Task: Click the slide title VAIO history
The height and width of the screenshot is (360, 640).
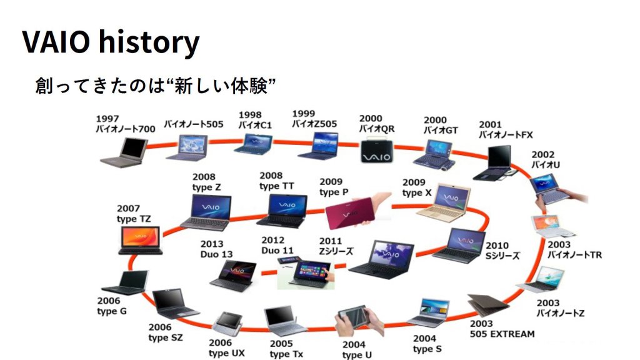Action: tap(111, 42)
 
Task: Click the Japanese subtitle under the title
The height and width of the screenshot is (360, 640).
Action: tap(156, 86)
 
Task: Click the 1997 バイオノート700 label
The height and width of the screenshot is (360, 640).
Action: tap(125, 124)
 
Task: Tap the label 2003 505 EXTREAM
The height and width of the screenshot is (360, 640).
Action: tap(502, 329)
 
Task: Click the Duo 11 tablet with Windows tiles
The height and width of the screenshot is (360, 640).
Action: tap(304, 272)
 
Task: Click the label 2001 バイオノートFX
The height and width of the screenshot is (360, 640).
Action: tap(506, 129)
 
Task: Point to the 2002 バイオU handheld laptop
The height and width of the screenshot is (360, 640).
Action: tap(550, 189)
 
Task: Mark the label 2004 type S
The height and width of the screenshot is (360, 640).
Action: tap(427, 343)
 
